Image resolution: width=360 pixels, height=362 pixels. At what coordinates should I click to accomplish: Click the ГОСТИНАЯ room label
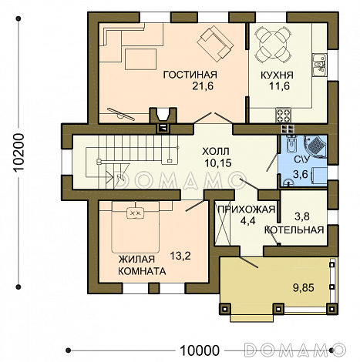(190, 75)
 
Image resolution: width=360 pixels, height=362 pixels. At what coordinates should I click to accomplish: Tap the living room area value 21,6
(203, 86)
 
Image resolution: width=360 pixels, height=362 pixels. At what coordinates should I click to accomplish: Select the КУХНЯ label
(277, 75)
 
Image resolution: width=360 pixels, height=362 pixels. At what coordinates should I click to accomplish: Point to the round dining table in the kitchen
(273, 45)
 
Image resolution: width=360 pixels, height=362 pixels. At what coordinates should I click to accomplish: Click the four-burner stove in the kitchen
(284, 115)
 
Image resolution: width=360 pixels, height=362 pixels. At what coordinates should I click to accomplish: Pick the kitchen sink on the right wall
(319, 65)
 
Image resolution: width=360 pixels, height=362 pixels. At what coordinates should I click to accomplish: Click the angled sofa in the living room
(215, 45)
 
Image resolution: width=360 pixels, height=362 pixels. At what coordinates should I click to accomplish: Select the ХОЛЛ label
(215, 152)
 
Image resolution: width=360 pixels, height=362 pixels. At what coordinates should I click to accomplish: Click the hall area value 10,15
(218, 163)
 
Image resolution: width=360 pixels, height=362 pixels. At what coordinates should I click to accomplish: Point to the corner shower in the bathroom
(315, 146)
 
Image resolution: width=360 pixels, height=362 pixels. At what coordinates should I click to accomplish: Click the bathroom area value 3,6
(301, 175)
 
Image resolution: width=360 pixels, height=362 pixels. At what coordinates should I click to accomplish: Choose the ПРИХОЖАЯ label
(247, 209)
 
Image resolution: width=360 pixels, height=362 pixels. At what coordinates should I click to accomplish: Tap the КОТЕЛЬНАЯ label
(294, 230)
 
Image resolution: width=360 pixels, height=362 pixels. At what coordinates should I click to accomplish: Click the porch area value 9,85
(304, 288)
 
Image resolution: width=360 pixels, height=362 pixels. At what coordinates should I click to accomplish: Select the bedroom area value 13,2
(180, 256)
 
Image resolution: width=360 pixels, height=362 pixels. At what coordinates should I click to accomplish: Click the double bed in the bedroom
(136, 226)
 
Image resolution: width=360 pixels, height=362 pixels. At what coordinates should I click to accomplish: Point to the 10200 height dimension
(19, 153)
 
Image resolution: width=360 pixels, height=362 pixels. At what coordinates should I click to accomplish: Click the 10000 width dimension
(200, 350)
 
